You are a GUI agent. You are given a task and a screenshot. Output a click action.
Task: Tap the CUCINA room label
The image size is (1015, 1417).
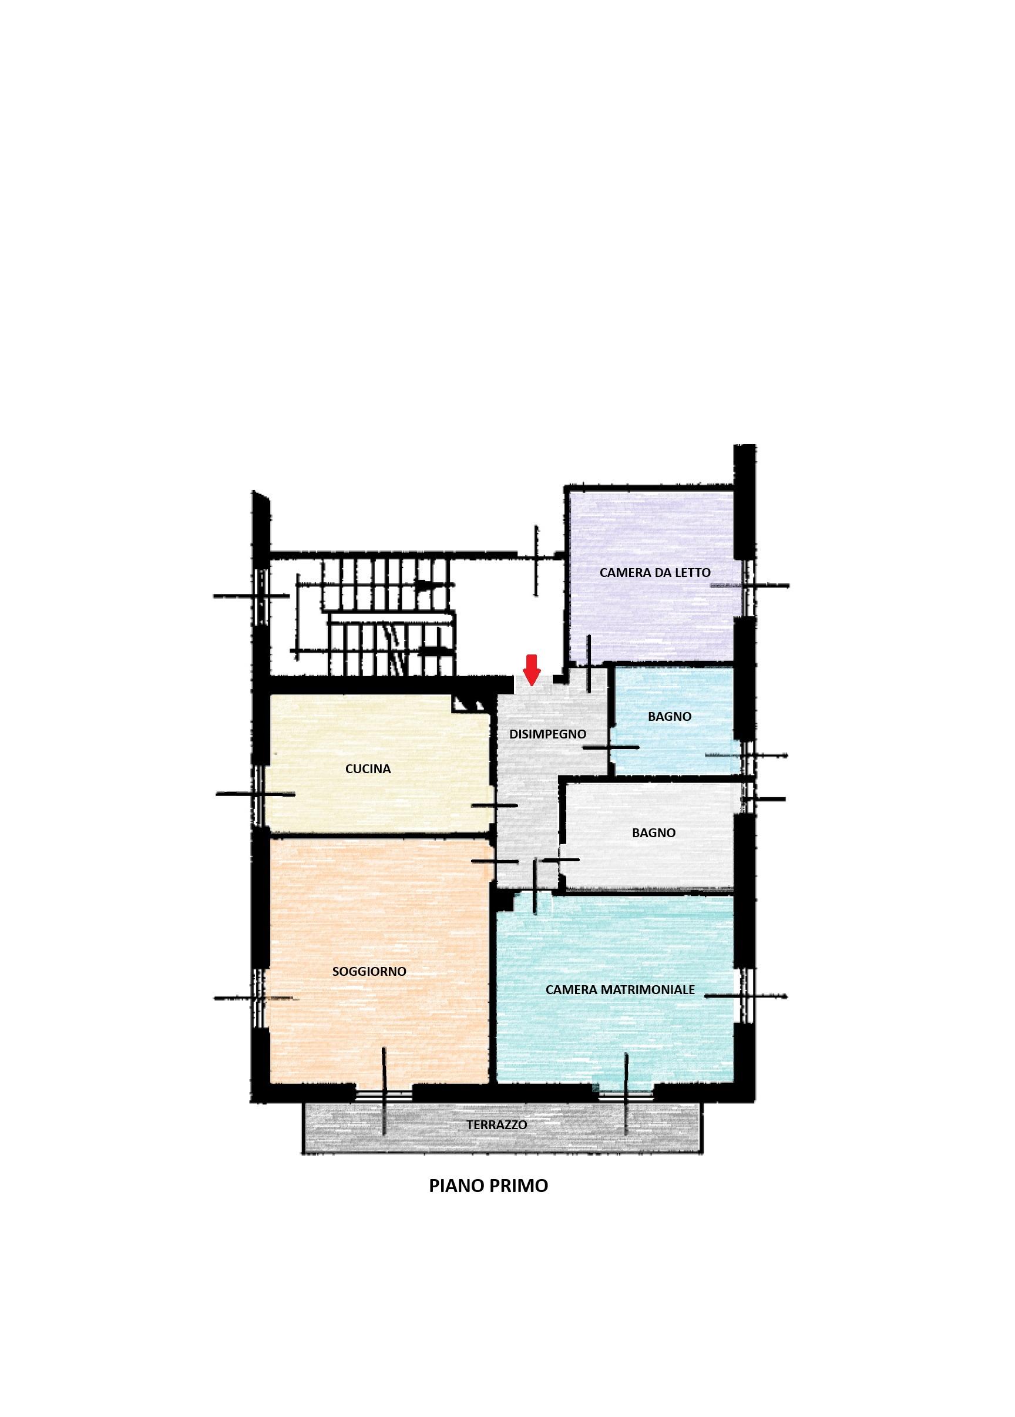tap(368, 769)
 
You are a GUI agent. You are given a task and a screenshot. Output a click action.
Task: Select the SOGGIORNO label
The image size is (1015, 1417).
tap(369, 972)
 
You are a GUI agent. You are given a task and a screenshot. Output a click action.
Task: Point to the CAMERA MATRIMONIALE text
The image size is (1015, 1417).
tap(620, 990)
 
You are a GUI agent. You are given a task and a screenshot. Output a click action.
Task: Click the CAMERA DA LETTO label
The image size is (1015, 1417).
tap(655, 572)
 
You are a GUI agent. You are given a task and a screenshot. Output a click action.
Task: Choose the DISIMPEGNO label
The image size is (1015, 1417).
tap(548, 734)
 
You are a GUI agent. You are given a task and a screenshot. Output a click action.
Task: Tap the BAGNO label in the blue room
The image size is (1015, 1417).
tap(670, 717)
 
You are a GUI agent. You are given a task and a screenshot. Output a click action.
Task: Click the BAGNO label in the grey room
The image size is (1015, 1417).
tap(653, 833)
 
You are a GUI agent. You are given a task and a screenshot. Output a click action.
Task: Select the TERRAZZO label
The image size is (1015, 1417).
tap(496, 1124)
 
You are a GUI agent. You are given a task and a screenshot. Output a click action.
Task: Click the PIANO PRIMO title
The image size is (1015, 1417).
tap(489, 1186)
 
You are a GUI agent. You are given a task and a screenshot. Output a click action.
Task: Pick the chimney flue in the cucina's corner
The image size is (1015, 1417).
tap(469, 704)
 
